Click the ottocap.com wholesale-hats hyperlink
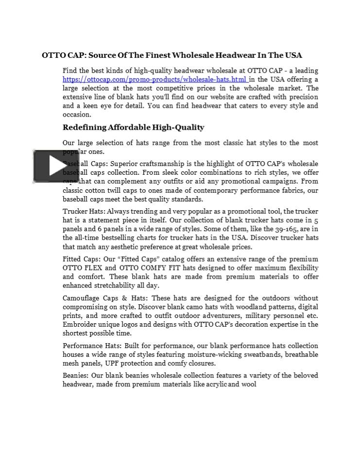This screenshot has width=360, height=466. (x=155, y=79)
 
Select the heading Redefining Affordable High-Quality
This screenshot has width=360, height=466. (x=133, y=128)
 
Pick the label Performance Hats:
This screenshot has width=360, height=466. (x=92, y=346)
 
